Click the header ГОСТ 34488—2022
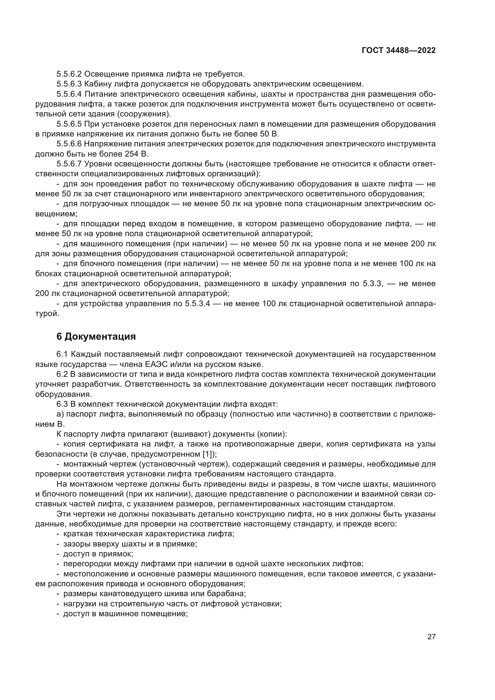pyautogui.click(x=398, y=51)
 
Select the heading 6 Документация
pyautogui.click(x=96, y=337)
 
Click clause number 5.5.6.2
pyautogui.click(x=69, y=74)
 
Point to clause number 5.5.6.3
pyautogui.click(x=69, y=84)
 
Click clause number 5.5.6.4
pyautogui.click(x=69, y=94)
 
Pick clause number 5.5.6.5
pyautogui.click(x=69, y=124)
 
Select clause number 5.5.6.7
pyautogui.click(x=69, y=164)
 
